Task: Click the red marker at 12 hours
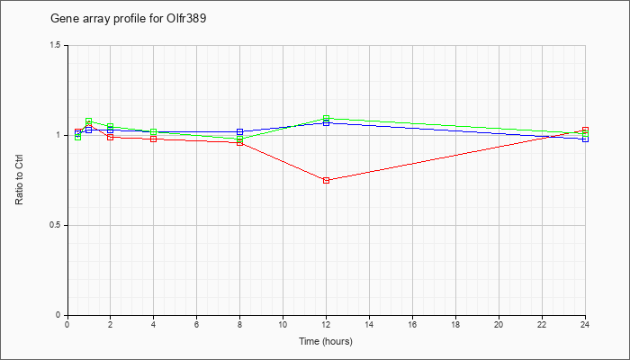[326, 180]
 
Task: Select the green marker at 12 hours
[326, 118]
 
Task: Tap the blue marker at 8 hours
[240, 131]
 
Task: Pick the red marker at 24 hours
[585, 130]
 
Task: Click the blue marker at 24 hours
[585, 139]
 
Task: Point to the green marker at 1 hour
[89, 121]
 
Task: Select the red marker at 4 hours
[154, 139]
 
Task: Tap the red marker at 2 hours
[111, 137]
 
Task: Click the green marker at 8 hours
[240, 139]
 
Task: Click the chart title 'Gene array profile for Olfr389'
[128, 19]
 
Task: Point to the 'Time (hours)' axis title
[326, 341]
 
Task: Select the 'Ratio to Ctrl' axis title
[19, 180]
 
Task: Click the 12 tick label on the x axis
[326, 324]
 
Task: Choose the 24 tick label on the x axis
[585, 324]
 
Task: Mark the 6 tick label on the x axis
[197, 324]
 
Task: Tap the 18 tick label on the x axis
[456, 324]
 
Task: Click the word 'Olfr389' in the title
[186, 19]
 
